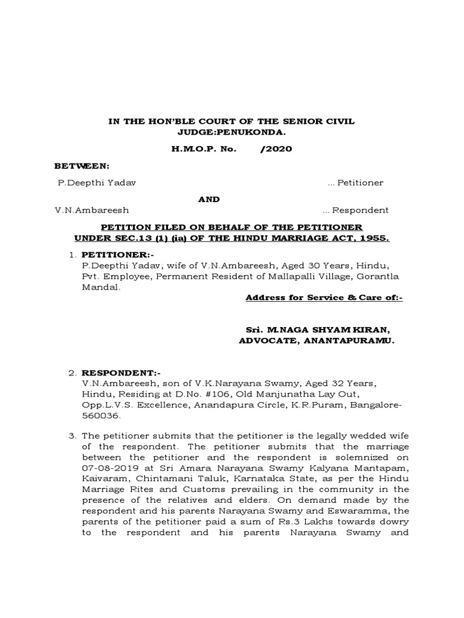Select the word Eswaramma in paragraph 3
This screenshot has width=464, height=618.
pos(358,511)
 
